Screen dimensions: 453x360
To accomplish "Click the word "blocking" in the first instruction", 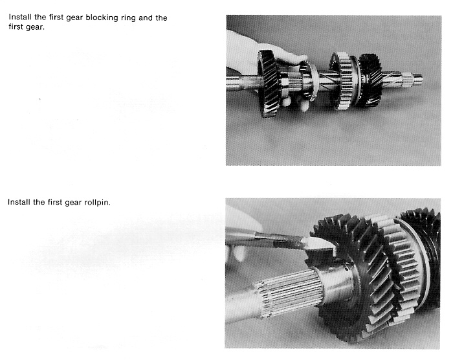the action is coord(102,18).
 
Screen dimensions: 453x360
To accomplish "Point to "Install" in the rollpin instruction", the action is coord(19,202).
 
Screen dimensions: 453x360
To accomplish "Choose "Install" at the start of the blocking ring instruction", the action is coord(20,17).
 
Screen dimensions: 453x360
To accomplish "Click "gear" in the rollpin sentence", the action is coord(73,203).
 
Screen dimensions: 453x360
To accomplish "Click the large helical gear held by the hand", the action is coord(268,84).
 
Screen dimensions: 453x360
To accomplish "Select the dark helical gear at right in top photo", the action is coord(370,78).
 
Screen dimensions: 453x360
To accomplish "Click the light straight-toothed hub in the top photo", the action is coord(344,81).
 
